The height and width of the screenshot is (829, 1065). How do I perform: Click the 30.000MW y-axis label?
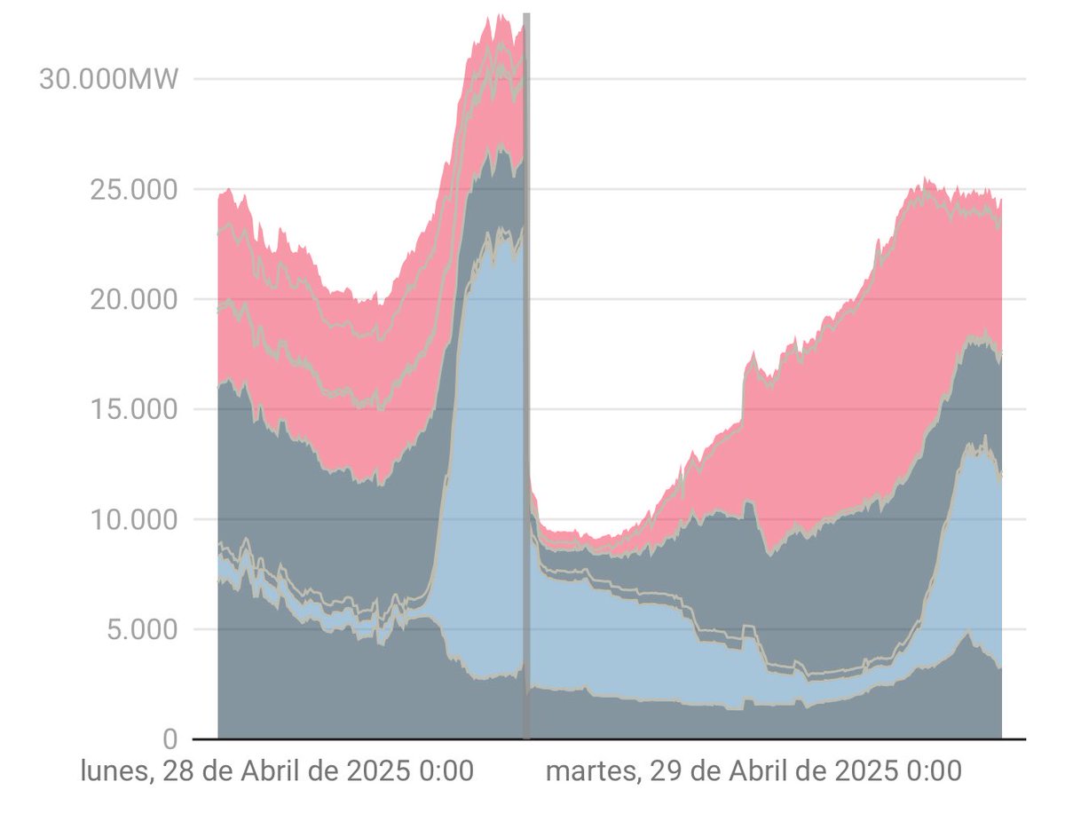(107, 79)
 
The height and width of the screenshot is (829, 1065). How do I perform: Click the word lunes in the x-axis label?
(113, 771)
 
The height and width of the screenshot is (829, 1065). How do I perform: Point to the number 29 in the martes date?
(665, 771)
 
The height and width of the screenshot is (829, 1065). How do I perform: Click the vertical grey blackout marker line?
(526, 373)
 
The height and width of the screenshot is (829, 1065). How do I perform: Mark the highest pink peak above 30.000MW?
(501, 16)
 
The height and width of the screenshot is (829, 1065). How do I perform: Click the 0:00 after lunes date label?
(444, 771)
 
